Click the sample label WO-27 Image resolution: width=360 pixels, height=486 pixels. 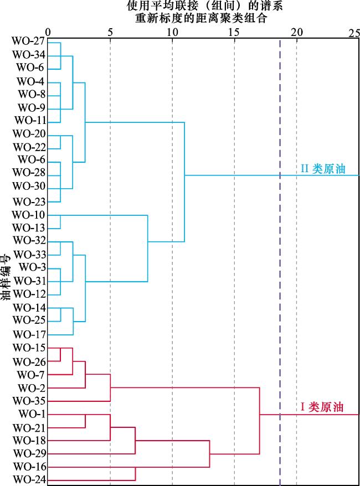click(29, 41)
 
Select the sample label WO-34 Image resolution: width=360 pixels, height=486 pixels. click(29, 55)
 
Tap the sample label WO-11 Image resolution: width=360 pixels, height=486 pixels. click(30, 120)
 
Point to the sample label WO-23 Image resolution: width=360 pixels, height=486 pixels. click(29, 202)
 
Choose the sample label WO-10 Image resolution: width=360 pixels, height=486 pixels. click(29, 215)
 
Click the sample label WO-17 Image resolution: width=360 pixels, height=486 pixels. click(29, 334)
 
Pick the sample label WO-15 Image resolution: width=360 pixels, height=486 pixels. click(29, 348)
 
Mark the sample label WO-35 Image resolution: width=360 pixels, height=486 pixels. click(29, 401)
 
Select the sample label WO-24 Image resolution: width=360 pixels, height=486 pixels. click(30, 479)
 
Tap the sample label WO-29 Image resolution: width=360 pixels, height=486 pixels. click(30, 453)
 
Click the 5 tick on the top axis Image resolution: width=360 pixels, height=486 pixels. click(110, 33)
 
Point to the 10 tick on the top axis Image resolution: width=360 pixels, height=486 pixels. click(172, 33)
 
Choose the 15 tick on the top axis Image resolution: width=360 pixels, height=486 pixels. click(234, 33)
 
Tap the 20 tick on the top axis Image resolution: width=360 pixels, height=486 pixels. click(297, 33)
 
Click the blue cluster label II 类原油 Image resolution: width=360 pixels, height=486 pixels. click(323, 169)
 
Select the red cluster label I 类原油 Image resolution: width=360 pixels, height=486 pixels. click(322, 407)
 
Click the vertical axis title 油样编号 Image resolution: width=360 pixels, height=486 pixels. click(6, 277)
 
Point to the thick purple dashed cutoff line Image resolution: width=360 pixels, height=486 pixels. click(280, 262)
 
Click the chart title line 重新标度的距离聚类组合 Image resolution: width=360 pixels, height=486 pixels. click(201, 18)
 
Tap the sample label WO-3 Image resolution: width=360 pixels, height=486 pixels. click(32, 267)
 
